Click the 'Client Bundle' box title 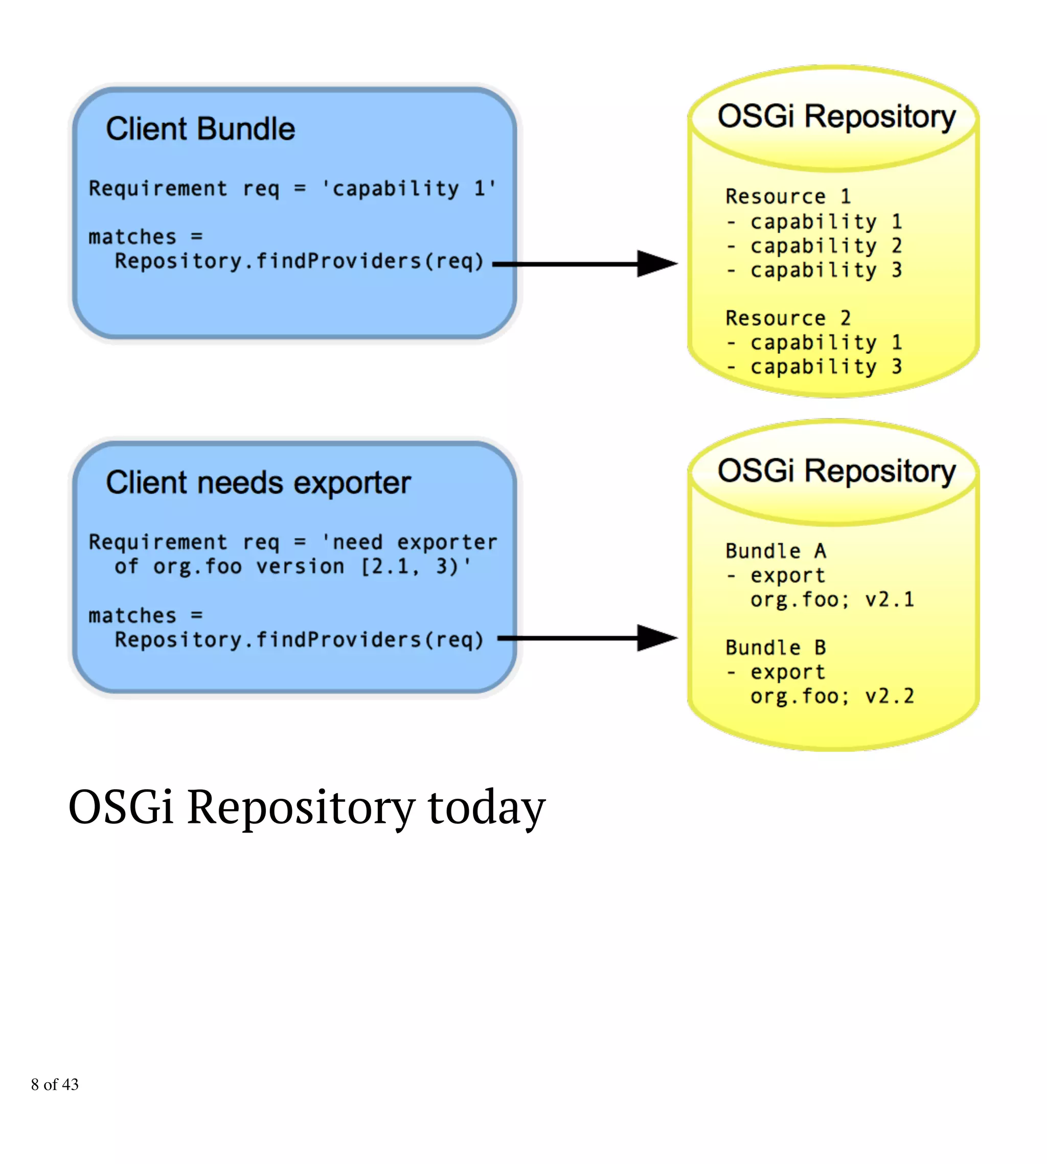200,128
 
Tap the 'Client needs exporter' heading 258,482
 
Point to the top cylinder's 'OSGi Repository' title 836,117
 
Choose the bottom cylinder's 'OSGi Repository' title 836,471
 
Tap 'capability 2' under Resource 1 826,245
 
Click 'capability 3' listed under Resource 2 826,367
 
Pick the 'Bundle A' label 776,551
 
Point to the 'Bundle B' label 776,648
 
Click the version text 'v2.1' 890,599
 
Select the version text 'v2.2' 890,696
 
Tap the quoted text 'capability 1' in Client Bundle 408,189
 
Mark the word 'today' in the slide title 486,807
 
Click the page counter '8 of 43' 55,1085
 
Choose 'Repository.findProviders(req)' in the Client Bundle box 299,261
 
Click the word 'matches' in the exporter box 132,616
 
